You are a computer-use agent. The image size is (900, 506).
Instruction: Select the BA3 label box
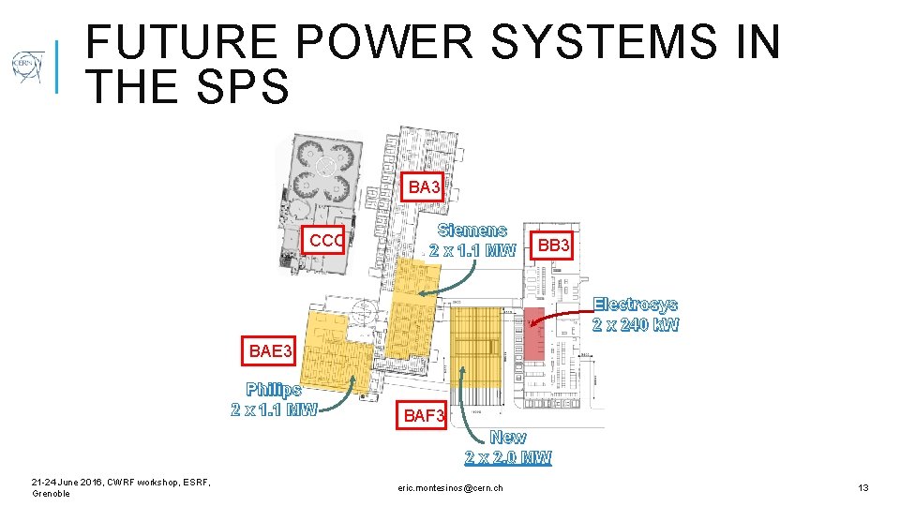click(424, 187)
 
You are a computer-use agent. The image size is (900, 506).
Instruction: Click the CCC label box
click(325, 241)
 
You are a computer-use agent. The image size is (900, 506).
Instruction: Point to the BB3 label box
click(552, 245)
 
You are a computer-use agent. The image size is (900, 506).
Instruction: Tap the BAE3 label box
click(271, 351)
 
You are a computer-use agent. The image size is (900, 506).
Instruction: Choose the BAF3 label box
click(424, 415)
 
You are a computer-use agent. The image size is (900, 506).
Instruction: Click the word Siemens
click(472, 230)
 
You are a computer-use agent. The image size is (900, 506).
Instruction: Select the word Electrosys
click(636, 305)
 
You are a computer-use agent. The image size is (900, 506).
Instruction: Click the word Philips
click(274, 389)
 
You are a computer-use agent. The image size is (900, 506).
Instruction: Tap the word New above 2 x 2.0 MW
click(508, 437)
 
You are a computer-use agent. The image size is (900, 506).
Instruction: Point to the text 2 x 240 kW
click(636, 325)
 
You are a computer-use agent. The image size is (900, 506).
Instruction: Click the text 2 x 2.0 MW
click(508, 457)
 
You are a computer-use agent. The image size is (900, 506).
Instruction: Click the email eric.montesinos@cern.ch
click(450, 488)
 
